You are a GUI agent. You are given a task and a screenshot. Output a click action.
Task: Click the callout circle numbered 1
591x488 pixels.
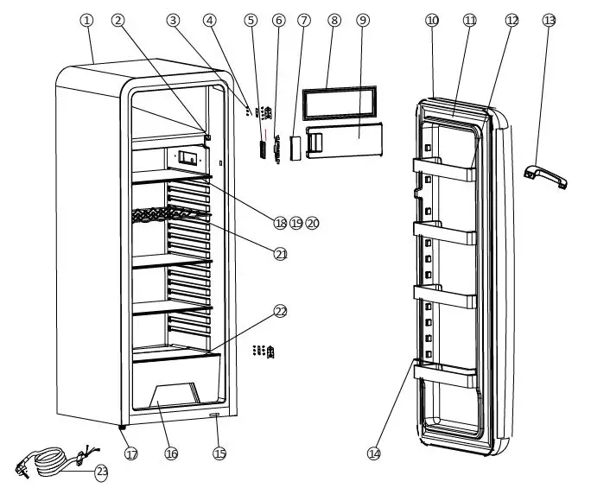[x=86, y=20]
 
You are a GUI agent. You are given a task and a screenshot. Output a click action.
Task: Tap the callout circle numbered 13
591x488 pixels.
[x=550, y=20]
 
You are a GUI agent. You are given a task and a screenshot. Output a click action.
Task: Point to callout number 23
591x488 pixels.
[x=102, y=472]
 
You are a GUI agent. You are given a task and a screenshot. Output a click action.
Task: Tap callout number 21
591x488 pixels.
[x=281, y=254]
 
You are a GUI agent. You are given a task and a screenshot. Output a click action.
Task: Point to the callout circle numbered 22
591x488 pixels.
[x=281, y=311]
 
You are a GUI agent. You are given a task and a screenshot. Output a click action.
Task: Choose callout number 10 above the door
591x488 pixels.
[x=432, y=20]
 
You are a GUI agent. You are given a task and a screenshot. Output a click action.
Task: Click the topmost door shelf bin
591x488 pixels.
[x=444, y=170]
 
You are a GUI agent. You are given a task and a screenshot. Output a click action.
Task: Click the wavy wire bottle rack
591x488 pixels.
[x=169, y=217]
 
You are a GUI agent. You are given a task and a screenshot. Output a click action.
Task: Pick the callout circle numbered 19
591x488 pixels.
[x=296, y=223]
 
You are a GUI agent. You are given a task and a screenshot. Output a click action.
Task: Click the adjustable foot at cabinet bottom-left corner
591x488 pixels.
[x=122, y=428]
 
